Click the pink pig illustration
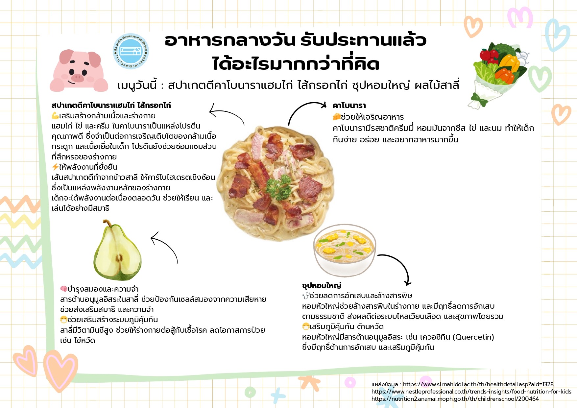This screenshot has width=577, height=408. [x=79, y=71]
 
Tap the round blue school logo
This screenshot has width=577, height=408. [x=131, y=51]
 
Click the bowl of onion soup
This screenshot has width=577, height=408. [x=344, y=250]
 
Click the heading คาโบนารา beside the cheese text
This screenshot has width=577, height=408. [x=349, y=106]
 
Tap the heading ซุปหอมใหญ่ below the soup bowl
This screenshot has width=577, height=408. [x=322, y=285]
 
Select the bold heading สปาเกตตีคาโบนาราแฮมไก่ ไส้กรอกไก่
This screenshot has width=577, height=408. [x=111, y=105]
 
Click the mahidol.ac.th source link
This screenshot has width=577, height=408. [x=478, y=384]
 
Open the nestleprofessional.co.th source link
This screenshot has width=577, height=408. [x=471, y=392]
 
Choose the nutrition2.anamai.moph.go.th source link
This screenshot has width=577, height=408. [x=455, y=399]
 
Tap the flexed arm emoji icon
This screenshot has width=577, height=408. [x=55, y=116]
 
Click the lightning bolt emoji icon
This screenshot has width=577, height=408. [x=55, y=167]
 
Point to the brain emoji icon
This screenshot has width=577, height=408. [x=64, y=289]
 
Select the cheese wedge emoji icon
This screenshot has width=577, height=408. [x=336, y=117]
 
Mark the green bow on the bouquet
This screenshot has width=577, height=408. [x=479, y=99]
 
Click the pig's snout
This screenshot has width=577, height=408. [x=78, y=78]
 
